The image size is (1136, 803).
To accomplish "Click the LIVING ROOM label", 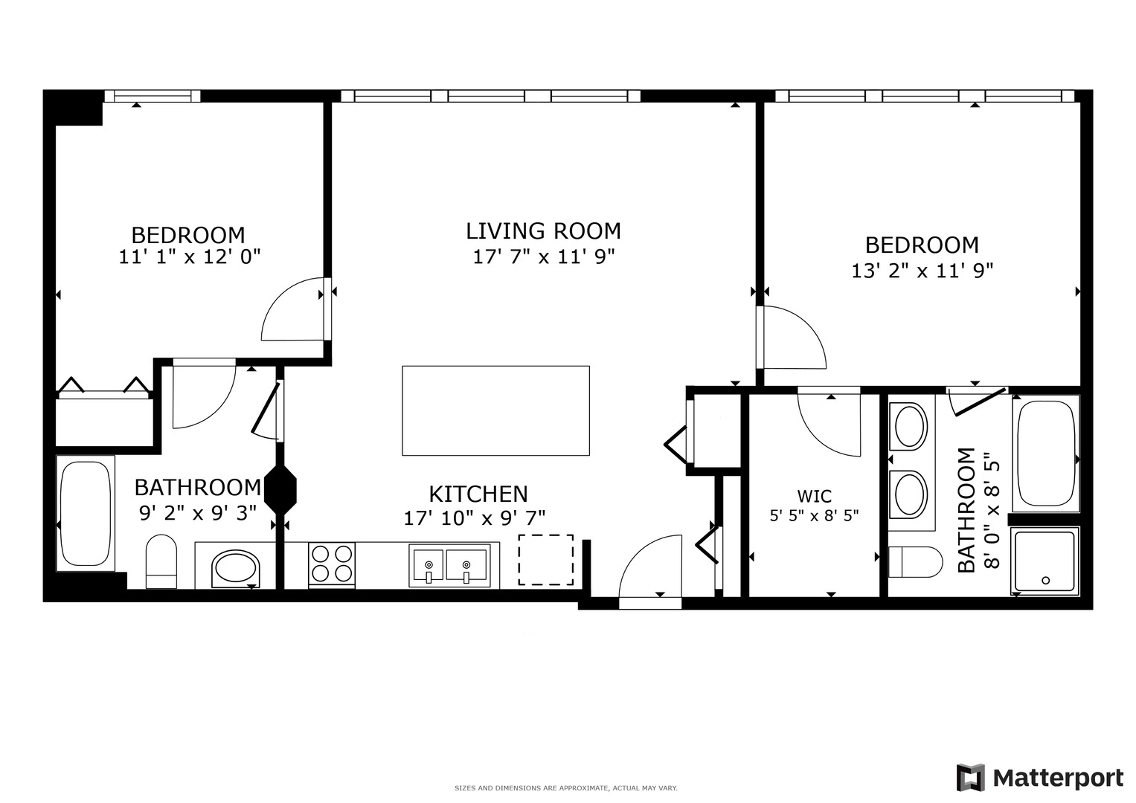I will [x=543, y=231].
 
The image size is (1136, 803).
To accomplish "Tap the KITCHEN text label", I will [x=478, y=494].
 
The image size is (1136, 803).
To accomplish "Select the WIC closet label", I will [x=814, y=496].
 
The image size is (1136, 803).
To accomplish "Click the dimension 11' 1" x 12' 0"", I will [x=189, y=257].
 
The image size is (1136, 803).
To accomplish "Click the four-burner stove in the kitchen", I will [x=332, y=564].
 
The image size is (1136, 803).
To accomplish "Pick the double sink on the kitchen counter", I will [x=449, y=565].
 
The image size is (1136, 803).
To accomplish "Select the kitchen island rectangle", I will [x=495, y=410].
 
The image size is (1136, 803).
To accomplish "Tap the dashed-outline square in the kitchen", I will [x=546, y=559].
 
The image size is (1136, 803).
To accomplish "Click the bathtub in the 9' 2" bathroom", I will [x=86, y=513].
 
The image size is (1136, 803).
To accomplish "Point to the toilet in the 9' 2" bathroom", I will [x=161, y=561].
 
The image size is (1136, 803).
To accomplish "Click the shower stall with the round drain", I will [x=1044, y=561].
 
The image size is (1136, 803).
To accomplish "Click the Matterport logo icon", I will [x=970, y=778].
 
